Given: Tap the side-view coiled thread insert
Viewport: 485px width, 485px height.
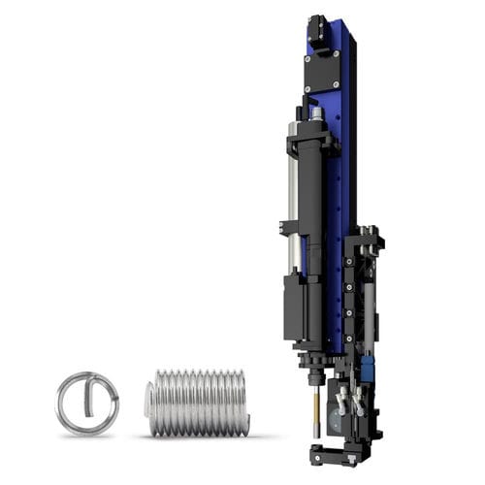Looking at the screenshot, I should click(198, 402).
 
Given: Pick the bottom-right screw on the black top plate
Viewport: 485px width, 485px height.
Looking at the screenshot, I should click(336, 87).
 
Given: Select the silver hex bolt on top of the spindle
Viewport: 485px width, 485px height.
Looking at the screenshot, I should click(316, 113).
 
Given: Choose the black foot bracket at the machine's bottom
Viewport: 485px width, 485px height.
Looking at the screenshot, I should click(336, 453).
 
